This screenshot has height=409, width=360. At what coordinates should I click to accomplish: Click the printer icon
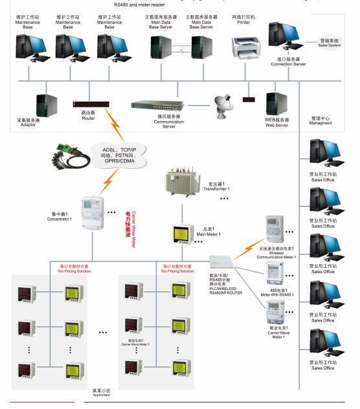[x=246, y=48]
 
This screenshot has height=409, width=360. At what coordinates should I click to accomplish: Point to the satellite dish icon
[x=224, y=104]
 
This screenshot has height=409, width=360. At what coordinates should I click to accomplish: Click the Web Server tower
[x=276, y=105]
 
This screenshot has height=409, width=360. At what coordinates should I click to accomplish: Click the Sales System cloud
[x=328, y=42]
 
